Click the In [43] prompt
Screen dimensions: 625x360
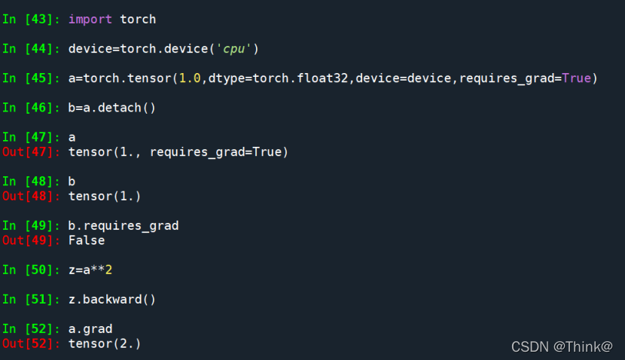coord(32,18)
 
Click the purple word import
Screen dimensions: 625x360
coord(90,18)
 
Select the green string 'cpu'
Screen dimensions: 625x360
coord(234,48)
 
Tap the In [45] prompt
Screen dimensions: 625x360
coord(32,78)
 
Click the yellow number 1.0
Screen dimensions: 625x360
coord(189,78)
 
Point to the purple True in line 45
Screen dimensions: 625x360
coord(577,78)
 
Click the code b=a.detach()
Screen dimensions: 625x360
coord(111,107)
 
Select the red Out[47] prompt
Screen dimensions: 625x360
coord(32,151)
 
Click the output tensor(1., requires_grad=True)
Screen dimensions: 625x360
coord(178,151)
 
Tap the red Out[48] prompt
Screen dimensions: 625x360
coord(32,196)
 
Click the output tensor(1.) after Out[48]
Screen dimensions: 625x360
coord(105,196)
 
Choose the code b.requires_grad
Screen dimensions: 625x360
coord(123,225)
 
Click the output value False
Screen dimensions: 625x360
coord(87,240)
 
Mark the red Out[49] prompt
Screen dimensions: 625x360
coord(32,240)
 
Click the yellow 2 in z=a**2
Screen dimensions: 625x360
coord(108,270)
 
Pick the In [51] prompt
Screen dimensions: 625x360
coord(32,299)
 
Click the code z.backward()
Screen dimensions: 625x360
coord(111,299)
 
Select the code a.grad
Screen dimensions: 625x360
coord(90,328)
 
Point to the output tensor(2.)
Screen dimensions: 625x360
coord(105,343)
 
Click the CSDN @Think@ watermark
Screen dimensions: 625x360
coord(562,346)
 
